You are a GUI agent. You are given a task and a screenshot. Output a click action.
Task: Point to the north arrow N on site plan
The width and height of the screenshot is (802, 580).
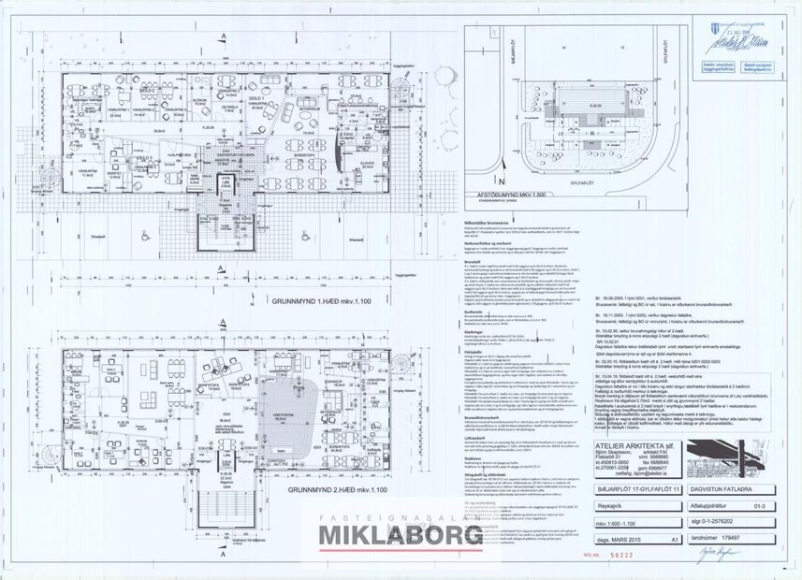tap(475, 181)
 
